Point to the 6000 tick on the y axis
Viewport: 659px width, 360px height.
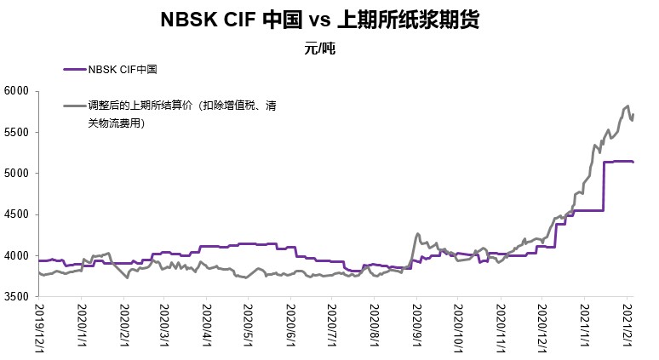click(17, 91)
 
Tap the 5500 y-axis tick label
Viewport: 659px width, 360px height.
click(17, 133)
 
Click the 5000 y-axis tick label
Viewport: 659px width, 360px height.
click(17, 174)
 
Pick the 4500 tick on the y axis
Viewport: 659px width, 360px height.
click(17, 215)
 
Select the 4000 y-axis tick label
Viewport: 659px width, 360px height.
click(17, 256)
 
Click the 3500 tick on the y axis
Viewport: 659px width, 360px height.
click(17, 298)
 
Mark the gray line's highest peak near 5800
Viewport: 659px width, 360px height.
click(627, 106)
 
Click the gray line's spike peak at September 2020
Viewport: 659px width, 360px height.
click(417, 233)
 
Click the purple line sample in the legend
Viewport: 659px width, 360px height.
click(75, 70)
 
